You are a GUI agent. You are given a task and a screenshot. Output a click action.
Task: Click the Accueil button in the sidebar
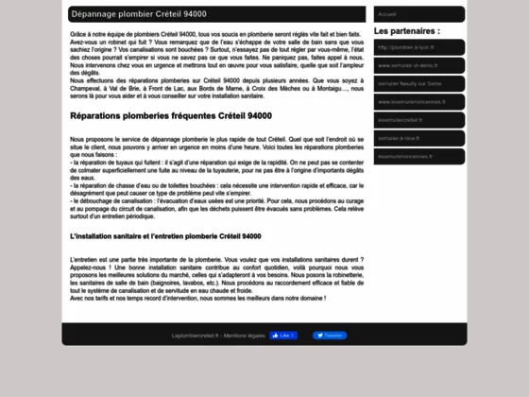click(x=387, y=14)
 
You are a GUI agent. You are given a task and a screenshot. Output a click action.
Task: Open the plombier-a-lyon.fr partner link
click(x=404, y=47)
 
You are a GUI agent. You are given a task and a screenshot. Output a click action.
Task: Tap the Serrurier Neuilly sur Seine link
click(x=410, y=83)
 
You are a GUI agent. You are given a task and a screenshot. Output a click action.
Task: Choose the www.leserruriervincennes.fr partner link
click(x=409, y=101)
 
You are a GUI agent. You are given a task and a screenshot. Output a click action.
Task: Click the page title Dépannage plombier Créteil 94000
click(x=138, y=14)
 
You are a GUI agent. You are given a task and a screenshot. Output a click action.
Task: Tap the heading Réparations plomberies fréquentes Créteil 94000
click(x=170, y=116)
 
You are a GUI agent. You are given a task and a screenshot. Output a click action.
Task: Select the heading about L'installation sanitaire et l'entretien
click(x=165, y=235)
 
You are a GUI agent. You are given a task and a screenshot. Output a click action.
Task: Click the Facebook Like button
click(x=282, y=336)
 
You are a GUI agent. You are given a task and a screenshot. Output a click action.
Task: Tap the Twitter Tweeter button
click(x=330, y=336)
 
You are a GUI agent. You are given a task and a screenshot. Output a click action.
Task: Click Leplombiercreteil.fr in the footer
click(x=195, y=336)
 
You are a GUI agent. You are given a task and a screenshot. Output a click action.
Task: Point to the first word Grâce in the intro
click(x=78, y=33)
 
